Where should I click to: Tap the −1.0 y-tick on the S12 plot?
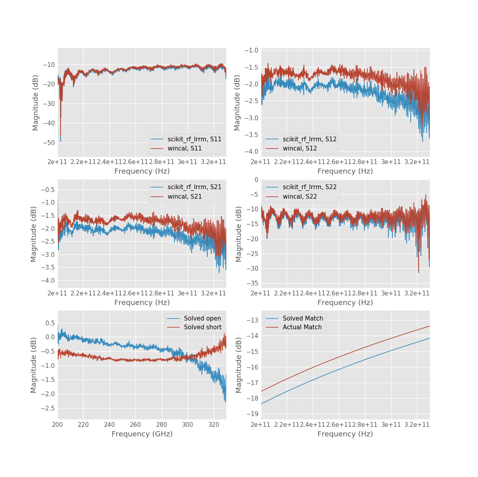click(253, 50)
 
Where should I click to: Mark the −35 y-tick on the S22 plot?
click(252, 283)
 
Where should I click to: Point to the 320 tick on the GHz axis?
click(214, 424)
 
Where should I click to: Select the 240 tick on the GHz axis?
click(110, 424)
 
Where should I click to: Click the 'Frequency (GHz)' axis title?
click(142, 434)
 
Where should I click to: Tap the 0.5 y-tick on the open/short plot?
click(50, 323)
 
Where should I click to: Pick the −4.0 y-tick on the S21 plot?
click(48, 281)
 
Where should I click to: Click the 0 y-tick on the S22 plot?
click(256, 180)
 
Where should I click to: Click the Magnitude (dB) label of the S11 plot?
click(36, 103)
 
